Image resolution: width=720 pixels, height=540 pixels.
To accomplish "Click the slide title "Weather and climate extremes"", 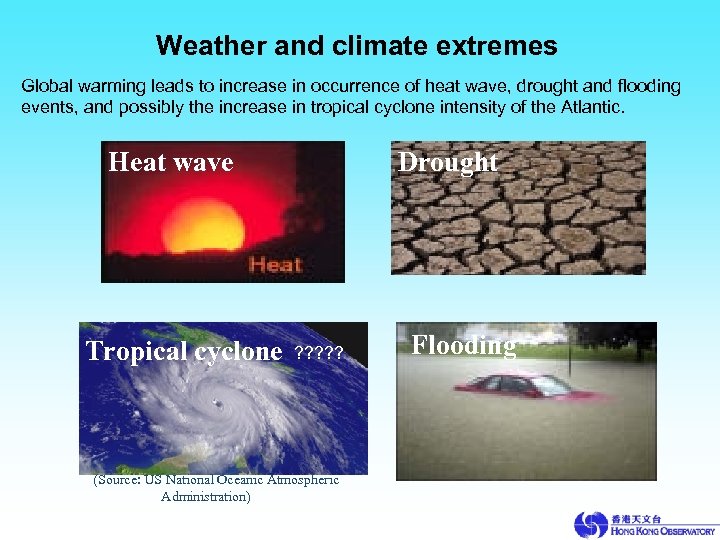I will pos(357,46).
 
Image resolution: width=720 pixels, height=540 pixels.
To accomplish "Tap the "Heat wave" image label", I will pos(171,162).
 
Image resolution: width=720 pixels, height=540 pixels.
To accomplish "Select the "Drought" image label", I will pos(448,162).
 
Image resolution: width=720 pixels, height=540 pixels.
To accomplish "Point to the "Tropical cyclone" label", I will pos(184,351).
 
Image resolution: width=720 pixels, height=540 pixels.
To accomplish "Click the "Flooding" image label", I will pos(464,345).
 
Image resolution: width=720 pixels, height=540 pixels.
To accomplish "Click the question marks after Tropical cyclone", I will pos(319,353).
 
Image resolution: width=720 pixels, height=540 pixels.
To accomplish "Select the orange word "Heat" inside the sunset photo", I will pos(275,265).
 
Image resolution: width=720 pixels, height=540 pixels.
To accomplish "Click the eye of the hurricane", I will pos(217,403).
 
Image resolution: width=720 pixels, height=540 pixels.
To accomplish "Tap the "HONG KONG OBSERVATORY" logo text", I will pos(663,530).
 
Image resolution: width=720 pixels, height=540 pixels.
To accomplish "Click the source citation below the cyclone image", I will pos(215,488).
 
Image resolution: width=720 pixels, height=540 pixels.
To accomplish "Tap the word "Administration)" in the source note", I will pos(205,496).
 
